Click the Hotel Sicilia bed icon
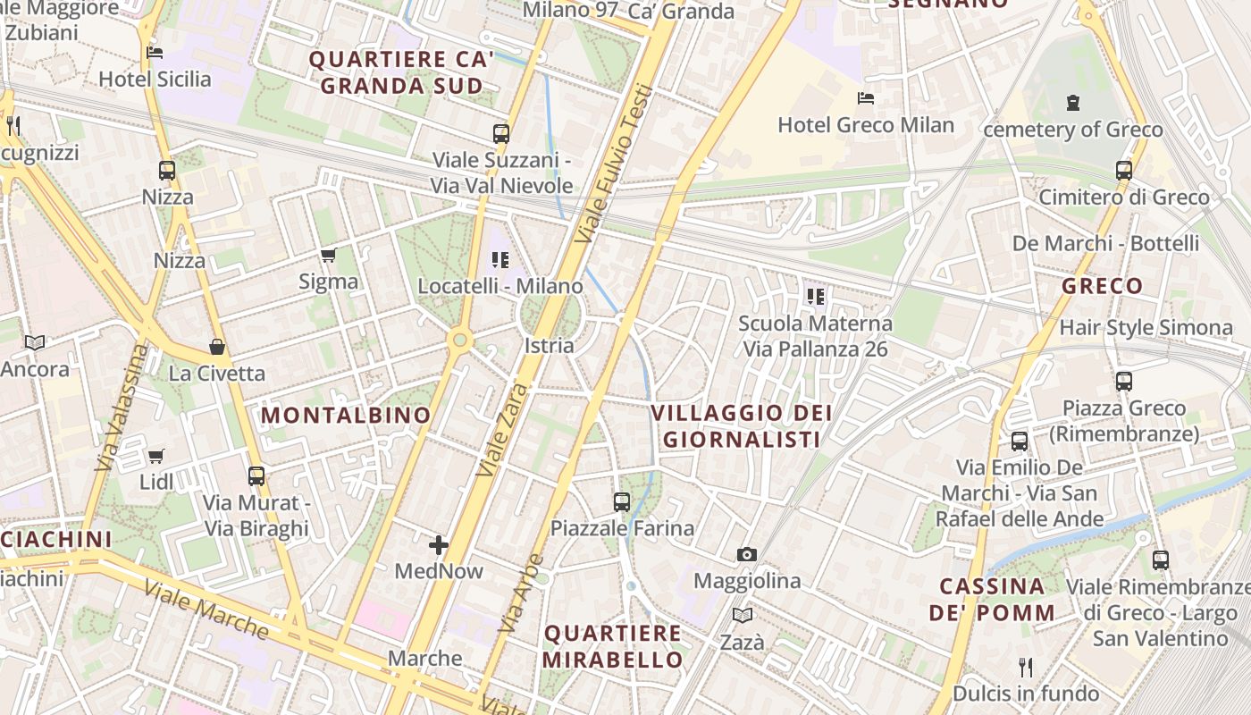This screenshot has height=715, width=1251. click(x=155, y=53)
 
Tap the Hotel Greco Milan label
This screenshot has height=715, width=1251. click(x=866, y=125)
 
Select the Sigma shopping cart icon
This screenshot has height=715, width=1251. click(x=328, y=257)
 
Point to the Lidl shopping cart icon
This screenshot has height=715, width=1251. click(x=156, y=457)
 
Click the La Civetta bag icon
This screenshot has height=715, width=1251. click(x=216, y=347)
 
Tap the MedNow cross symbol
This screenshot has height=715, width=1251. click(x=439, y=544)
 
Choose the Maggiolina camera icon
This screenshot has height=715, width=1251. click(x=747, y=555)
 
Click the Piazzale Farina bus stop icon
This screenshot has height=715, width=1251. click(x=622, y=502)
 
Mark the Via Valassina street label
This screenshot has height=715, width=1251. click(x=121, y=407)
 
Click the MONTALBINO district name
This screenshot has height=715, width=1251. click(x=346, y=416)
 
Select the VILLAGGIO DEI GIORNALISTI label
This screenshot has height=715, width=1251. click(x=741, y=426)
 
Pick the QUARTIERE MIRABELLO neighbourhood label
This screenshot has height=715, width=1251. click(x=613, y=646)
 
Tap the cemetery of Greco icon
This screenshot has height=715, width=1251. click(x=1073, y=103)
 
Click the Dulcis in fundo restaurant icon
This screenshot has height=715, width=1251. click(x=1026, y=667)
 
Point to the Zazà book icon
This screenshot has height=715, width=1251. click(x=743, y=615)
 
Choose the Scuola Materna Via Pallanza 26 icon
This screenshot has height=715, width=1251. click(x=815, y=296)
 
